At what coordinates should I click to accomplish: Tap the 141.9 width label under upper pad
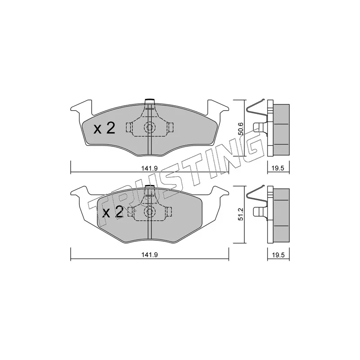coord(149,168)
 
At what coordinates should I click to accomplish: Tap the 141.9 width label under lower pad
coord(149,255)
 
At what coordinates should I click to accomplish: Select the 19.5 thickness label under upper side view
coord(278,168)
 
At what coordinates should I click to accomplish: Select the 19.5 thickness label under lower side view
coord(278,255)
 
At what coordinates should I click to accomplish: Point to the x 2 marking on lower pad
coord(113,212)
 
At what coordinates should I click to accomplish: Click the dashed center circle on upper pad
coord(149,127)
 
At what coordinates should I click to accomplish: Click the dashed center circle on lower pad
coord(149,211)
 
